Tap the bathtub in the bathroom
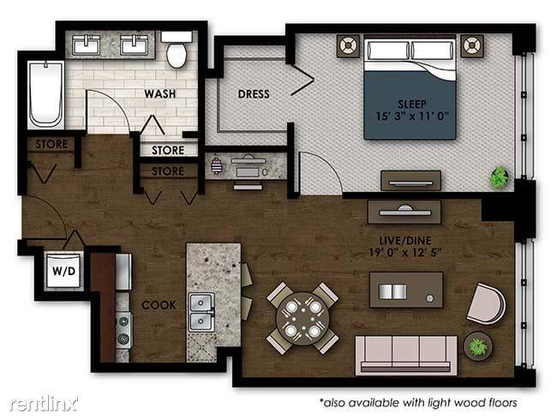click(x=45, y=95)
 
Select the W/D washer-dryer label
click(x=64, y=271)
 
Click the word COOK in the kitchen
click(x=159, y=305)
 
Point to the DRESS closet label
click(x=254, y=94)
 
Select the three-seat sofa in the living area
click(x=406, y=355)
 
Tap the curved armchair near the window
click(x=487, y=303)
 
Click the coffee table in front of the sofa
click(x=406, y=290)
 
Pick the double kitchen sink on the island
click(x=201, y=312)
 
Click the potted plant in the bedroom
click(x=499, y=178)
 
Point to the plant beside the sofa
click(x=478, y=346)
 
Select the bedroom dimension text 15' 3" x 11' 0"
click(x=412, y=117)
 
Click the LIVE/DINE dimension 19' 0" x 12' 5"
click(x=405, y=253)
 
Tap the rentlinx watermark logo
click(x=44, y=404)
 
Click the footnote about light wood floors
click(x=418, y=403)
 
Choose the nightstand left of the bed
click(x=348, y=45)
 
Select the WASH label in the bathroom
click(x=160, y=93)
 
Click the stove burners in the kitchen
click(x=123, y=329)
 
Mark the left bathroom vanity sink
click(x=86, y=45)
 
